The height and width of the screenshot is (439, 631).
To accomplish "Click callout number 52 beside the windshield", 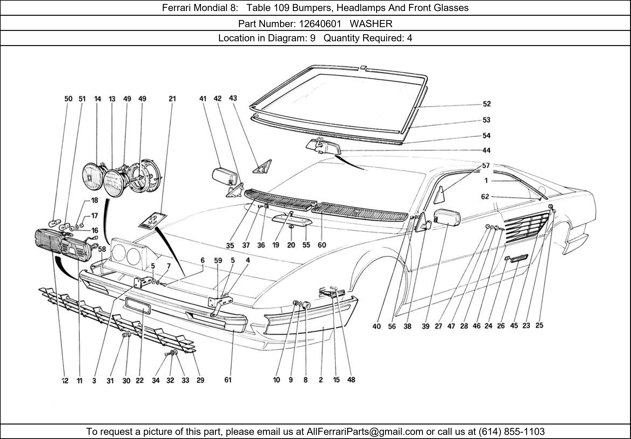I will (x=487, y=104).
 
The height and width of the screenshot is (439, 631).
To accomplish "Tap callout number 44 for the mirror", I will (x=486, y=150).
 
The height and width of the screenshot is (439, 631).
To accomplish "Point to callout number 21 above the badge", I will (x=172, y=99).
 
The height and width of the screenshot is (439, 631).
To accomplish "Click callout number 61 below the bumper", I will (x=228, y=380).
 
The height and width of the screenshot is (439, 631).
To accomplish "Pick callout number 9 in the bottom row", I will (x=290, y=380).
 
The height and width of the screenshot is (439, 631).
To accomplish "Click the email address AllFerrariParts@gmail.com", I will (x=365, y=432).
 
